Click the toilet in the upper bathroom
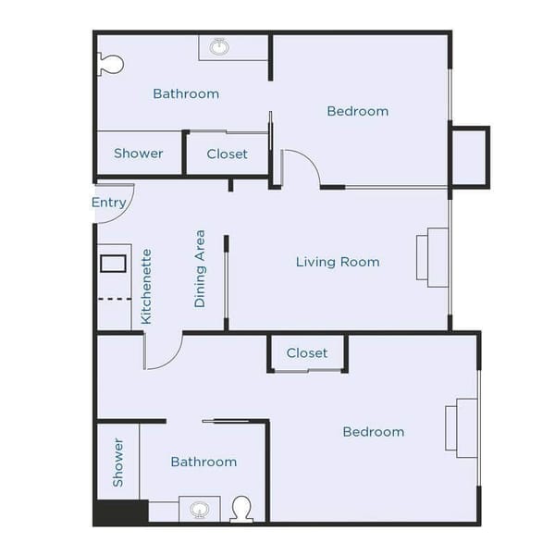click(x=110, y=64)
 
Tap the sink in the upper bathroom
click(x=220, y=46)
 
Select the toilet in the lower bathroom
click(x=241, y=508)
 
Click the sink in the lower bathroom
click(x=200, y=509)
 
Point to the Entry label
click(x=109, y=203)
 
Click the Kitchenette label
click(x=146, y=286)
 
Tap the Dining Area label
click(x=200, y=268)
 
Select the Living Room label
click(x=338, y=262)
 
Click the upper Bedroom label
click(x=358, y=111)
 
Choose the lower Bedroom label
click(x=373, y=431)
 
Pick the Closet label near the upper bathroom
click(x=227, y=154)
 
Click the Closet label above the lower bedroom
click(x=307, y=352)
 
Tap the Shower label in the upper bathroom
click(x=139, y=154)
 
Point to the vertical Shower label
click(x=118, y=462)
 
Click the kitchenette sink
click(x=113, y=263)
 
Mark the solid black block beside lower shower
click(x=121, y=512)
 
